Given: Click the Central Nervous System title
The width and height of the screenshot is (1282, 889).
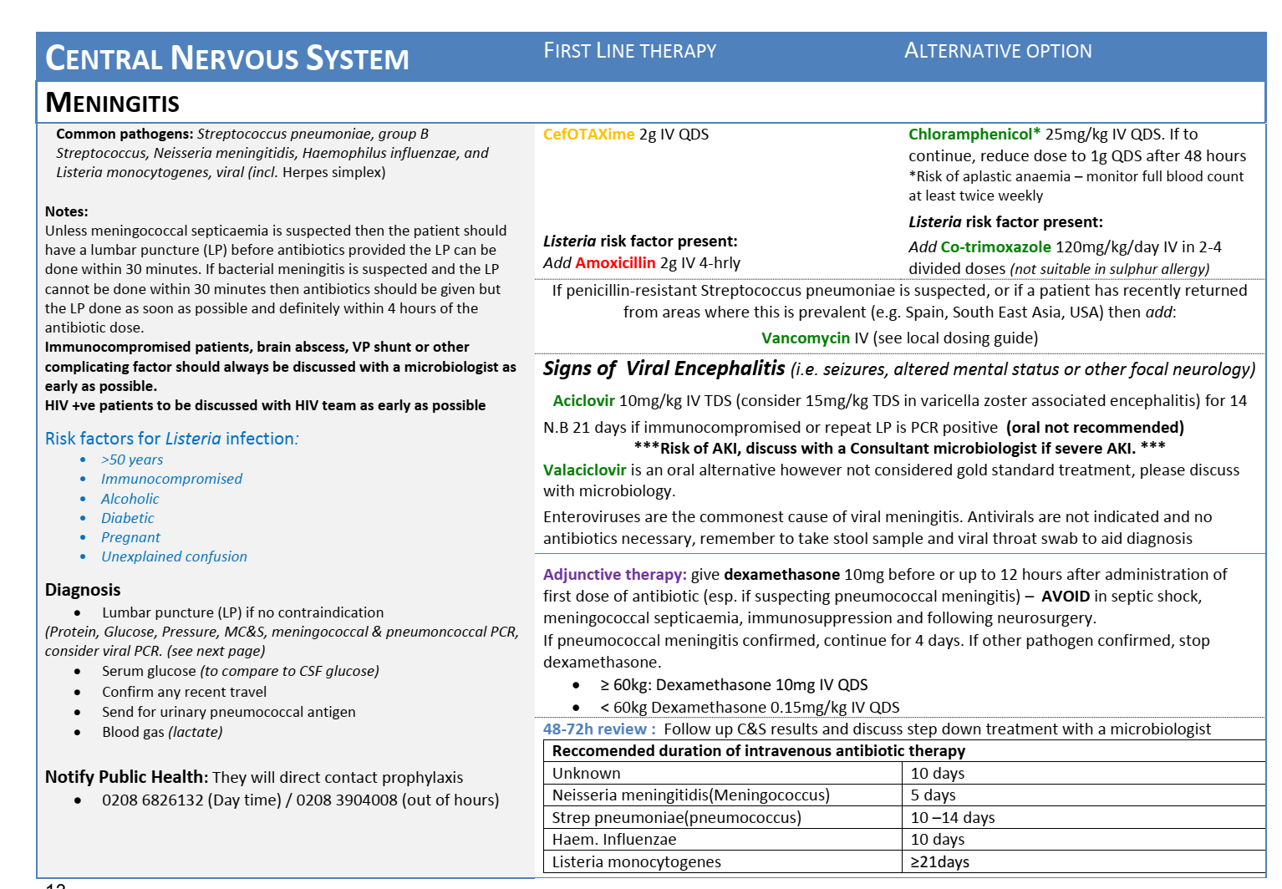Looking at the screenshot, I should [x=226, y=58].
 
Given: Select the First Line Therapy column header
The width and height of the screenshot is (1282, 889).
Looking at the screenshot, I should [x=629, y=51].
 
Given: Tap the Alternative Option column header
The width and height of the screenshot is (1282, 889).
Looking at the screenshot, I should [x=997, y=51].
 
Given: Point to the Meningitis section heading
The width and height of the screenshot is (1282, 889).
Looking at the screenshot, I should [x=112, y=103].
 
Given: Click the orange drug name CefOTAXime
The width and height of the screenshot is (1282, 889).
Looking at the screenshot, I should [x=588, y=135].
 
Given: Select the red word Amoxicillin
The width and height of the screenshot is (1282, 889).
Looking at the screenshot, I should [x=615, y=263].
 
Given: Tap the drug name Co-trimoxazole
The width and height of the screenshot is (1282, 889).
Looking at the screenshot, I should [x=995, y=247].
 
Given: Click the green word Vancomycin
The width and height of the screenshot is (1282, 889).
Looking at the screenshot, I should [x=805, y=338].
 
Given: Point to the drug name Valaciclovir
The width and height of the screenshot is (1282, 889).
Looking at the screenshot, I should [x=584, y=470].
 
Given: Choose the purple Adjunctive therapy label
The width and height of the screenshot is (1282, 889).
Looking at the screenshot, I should [x=614, y=575].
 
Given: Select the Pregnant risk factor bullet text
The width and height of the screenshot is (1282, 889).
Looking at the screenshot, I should [x=130, y=537].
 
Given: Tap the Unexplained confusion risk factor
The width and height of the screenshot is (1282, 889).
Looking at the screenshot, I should [x=174, y=556].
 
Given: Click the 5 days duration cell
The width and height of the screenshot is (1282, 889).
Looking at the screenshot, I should [x=933, y=795].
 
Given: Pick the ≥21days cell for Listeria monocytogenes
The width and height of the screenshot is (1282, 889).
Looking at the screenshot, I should [x=939, y=862].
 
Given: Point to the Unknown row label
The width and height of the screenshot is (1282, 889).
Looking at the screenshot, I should [x=586, y=774].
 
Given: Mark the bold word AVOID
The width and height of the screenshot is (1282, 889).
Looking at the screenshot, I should [x=1065, y=597].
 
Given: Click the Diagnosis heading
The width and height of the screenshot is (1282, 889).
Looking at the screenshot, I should [x=83, y=590].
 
